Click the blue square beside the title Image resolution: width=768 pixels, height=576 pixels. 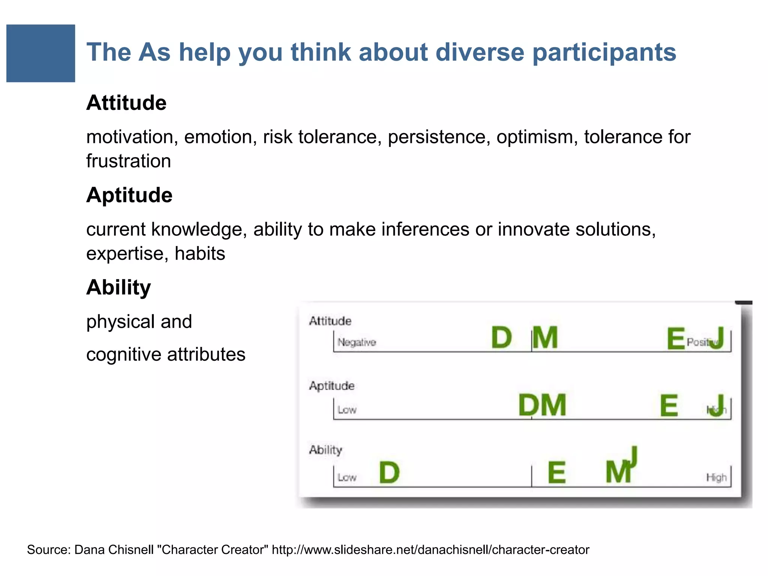click(x=40, y=53)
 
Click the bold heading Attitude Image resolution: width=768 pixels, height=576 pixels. click(x=126, y=103)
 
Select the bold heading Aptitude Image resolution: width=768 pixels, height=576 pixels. click(x=129, y=195)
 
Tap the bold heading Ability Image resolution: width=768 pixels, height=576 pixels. click(x=118, y=287)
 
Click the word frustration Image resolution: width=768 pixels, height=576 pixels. click(x=129, y=161)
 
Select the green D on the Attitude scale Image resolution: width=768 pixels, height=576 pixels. click(x=501, y=338)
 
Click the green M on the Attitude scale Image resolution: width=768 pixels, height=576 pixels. click(x=545, y=338)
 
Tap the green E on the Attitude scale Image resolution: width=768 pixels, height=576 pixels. click(x=676, y=339)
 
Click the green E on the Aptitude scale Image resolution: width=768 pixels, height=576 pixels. click(x=669, y=406)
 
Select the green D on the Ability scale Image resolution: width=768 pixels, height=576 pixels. click(x=389, y=472)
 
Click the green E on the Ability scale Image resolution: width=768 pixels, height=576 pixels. click(x=556, y=473)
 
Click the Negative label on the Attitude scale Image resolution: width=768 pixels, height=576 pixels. click(x=357, y=342)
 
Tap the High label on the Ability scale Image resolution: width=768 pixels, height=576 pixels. click(x=716, y=477)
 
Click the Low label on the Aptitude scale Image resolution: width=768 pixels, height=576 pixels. click(x=347, y=410)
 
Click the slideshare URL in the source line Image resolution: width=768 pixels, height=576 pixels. click(x=430, y=550)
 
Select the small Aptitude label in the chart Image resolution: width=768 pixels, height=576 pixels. click(x=331, y=385)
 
